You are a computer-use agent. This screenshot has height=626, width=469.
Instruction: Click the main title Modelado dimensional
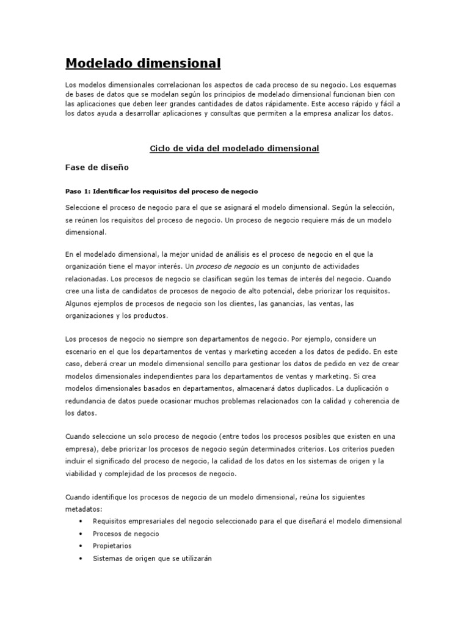click(x=143, y=63)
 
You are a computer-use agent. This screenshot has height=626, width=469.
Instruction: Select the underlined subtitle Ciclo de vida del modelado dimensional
click(x=234, y=149)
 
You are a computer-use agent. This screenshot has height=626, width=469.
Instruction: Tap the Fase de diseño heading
click(x=97, y=166)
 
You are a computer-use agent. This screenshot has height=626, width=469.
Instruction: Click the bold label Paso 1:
click(x=78, y=191)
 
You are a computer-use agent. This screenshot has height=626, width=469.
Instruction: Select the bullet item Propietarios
click(x=112, y=546)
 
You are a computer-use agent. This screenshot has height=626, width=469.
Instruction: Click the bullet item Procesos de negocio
click(x=126, y=534)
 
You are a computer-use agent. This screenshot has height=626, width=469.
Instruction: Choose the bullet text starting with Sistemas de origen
click(x=151, y=558)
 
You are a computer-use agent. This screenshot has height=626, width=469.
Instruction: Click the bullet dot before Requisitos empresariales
click(x=81, y=521)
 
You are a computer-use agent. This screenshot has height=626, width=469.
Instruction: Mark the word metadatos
click(x=84, y=509)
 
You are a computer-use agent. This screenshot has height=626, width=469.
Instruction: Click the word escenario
click(x=84, y=352)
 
